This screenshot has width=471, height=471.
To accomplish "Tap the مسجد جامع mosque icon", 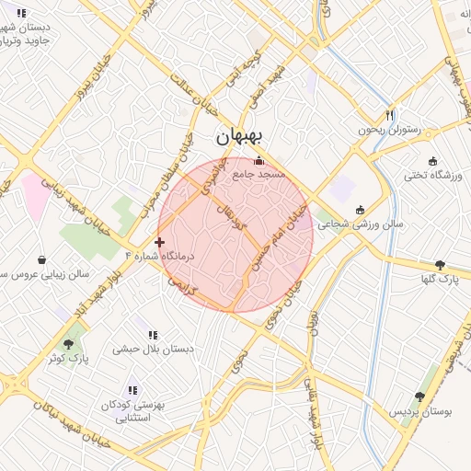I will point(258,161).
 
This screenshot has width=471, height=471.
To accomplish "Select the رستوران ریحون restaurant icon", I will point(390,115).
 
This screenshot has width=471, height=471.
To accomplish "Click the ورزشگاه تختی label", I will point(433,174).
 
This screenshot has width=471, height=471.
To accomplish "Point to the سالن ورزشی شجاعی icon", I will point(360,209).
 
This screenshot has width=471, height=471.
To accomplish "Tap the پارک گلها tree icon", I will point(440,264).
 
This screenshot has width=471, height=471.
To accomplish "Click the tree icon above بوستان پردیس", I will point(420,396).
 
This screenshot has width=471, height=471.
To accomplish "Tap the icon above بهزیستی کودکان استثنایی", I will point(132,390).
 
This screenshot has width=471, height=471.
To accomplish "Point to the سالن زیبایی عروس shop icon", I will point(42,259).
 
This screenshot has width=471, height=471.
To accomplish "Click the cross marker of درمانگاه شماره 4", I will point(160,243).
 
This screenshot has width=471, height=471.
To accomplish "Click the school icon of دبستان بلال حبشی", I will point(152,335).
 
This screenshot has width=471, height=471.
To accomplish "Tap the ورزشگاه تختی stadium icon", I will point(433,161).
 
